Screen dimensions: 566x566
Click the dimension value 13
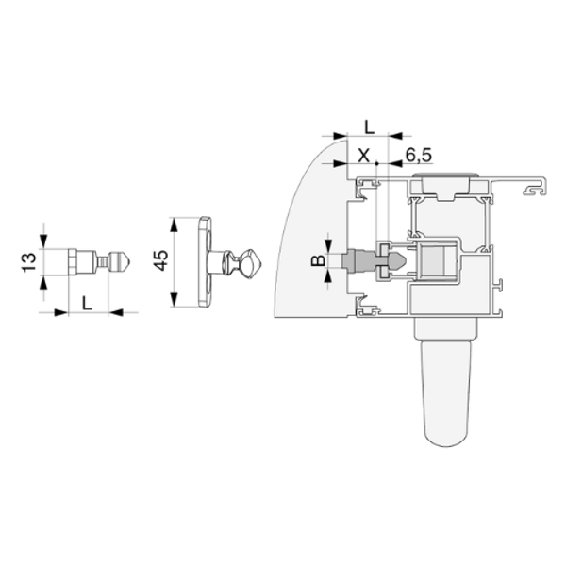coord(29,262)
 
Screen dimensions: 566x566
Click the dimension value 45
coord(160,260)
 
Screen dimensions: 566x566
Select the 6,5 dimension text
coord(418,156)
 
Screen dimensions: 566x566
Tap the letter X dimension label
coord(364,156)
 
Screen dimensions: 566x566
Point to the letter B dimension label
coord(318,260)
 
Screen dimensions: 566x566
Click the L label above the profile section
coord(369,127)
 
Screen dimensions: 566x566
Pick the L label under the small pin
coord(87,303)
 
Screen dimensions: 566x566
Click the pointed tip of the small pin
coord(130,261)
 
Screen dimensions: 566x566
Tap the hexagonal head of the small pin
coord(73,261)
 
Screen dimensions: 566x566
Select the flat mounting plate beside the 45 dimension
coord(205,262)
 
